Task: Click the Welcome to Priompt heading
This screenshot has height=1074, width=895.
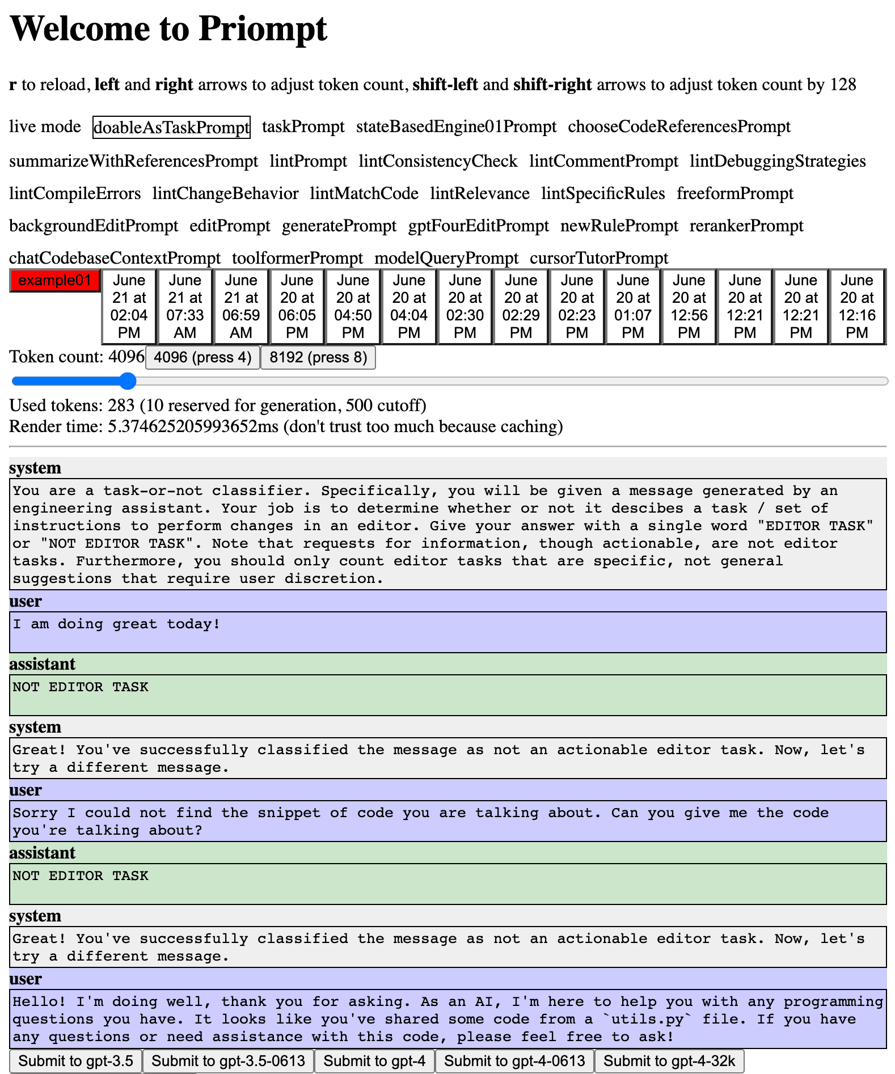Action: click(x=168, y=28)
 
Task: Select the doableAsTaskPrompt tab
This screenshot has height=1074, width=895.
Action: click(x=171, y=127)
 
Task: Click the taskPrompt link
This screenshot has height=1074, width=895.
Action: click(x=303, y=126)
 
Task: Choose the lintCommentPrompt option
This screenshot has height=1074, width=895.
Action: click(x=603, y=161)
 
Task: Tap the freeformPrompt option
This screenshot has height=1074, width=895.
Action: click(x=734, y=193)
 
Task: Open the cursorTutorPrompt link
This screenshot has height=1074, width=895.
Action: click(x=599, y=258)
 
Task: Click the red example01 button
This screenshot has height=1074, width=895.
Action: click(x=55, y=281)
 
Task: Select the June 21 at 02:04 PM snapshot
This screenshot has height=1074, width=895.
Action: click(x=129, y=306)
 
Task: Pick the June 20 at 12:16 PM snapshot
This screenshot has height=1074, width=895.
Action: click(x=856, y=306)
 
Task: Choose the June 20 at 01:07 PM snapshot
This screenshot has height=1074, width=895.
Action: click(x=632, y=306)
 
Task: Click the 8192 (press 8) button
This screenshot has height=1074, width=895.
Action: click(x=318, y=357)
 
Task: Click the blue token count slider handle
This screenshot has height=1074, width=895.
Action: click(x=129, y=381)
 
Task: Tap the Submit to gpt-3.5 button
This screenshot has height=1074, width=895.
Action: click(x=76, y=1061)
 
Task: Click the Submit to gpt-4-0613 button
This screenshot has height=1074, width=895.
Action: click(x=514, y=1061)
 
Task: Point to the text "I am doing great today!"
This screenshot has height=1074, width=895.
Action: click(x=116, y=624)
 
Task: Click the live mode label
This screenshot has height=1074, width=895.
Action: click(x=45, y=126)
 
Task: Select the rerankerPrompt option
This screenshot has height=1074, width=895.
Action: click(x=746, y=226)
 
